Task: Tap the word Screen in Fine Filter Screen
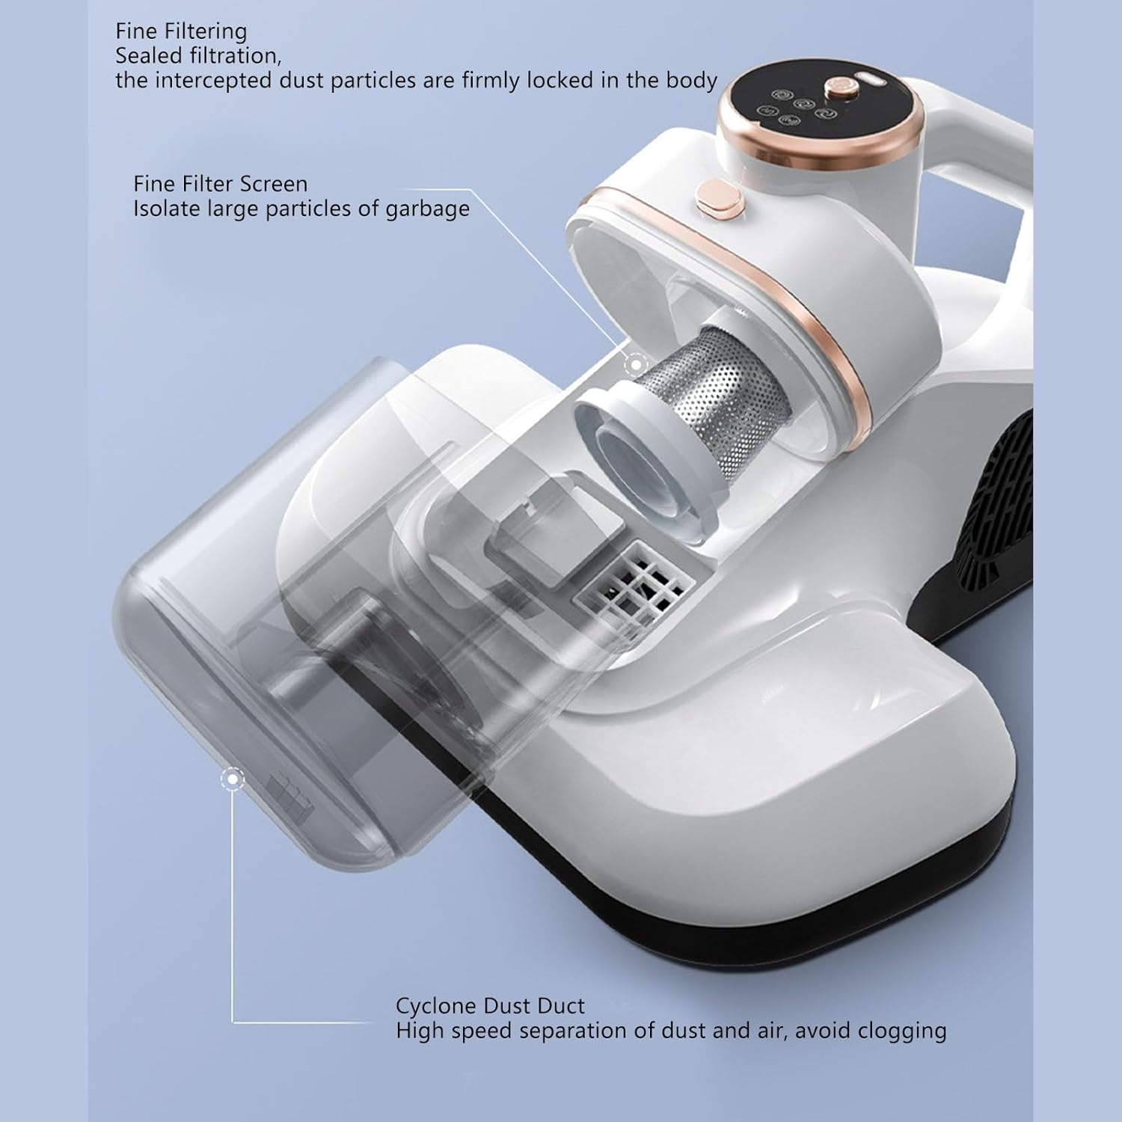273,184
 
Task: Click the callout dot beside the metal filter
636,365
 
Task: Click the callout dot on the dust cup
233,779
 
